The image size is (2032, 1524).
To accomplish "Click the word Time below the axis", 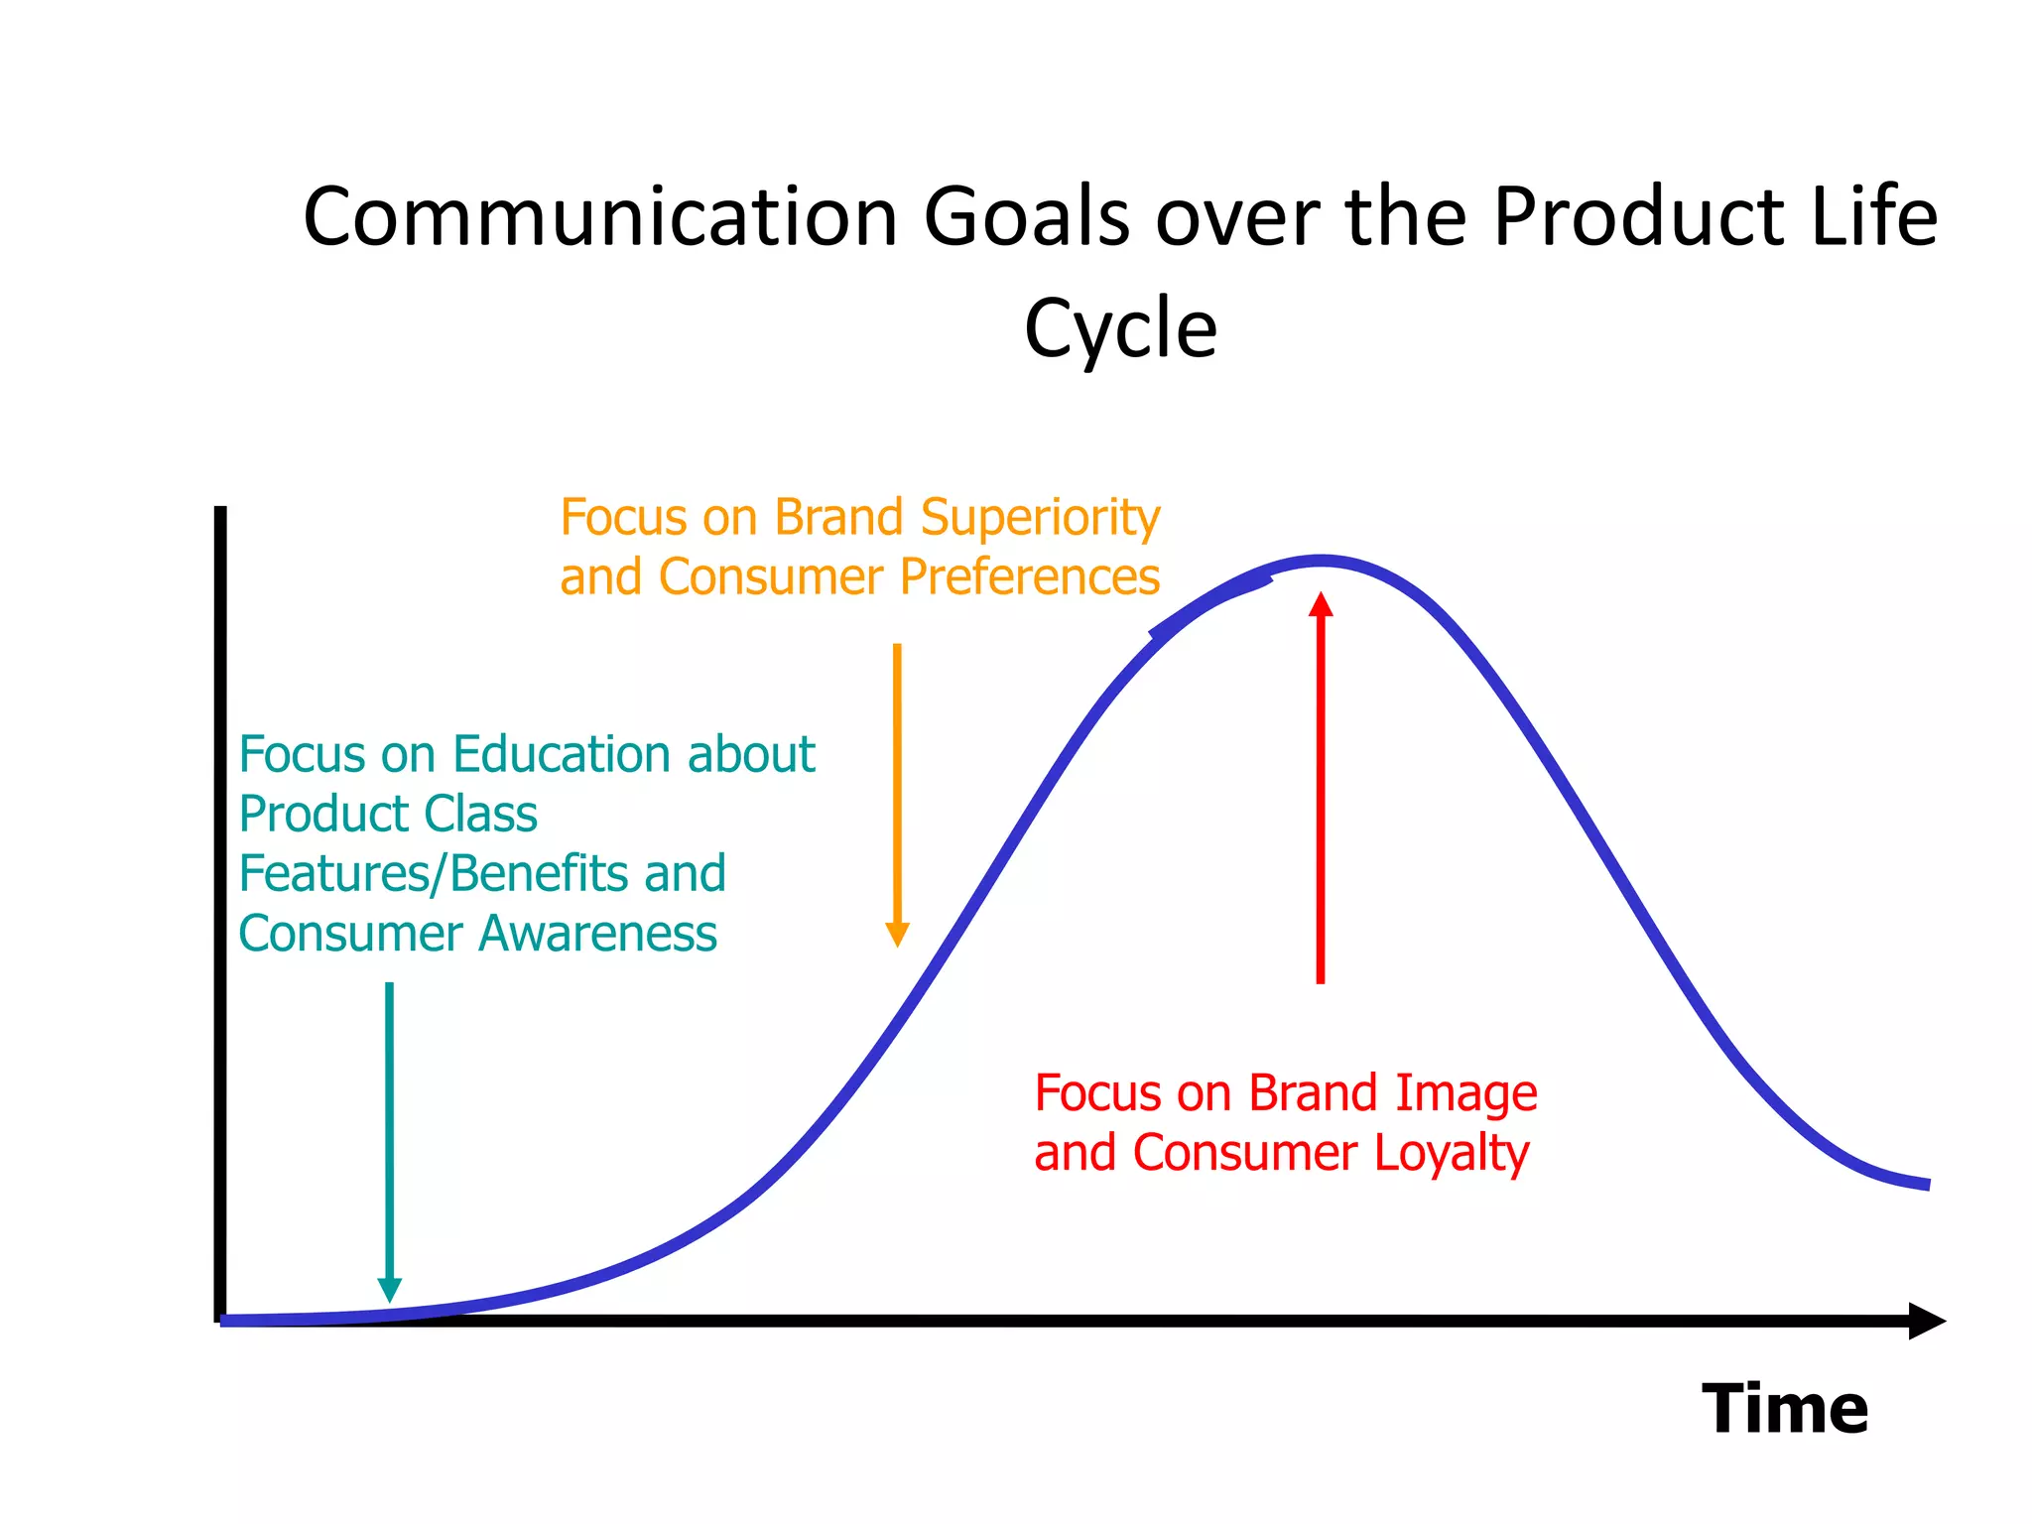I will pyautogui.click(x=1784, y=1409).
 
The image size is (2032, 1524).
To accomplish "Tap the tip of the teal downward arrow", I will pyautogui.click(x=390, y=1298).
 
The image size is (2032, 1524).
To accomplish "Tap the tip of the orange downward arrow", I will pyautogui.click(x=897, y=944).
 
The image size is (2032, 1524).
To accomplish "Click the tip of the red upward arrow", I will pyautogui.click(x=1321, y=595).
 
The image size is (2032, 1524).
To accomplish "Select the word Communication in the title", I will pyautogui.click(x=600, y=216).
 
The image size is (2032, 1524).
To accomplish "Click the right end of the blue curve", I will pyautogui.click(x=1926, y=1184).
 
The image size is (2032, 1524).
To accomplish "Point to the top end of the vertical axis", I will pyautogui.click(x=220, y=511).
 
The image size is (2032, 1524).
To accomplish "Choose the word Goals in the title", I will pyautogui.click(x=1026, y=216).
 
